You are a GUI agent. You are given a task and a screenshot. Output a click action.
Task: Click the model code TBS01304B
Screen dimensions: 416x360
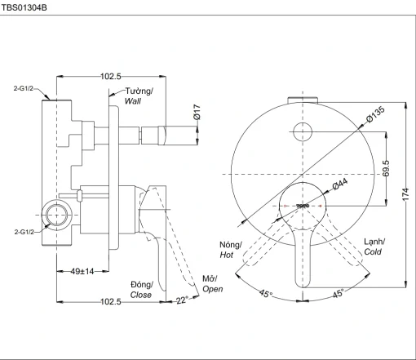(24, 7)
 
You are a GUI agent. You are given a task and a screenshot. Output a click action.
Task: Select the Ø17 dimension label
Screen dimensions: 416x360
(197, 112)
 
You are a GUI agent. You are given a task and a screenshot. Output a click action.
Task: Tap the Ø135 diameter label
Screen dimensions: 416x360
(375, 114)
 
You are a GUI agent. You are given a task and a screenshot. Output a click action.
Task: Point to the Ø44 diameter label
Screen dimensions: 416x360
(340, 184)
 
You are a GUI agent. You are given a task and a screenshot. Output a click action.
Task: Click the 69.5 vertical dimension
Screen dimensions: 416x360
(386, 168)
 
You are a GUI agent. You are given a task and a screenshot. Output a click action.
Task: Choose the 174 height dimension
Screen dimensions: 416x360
(405, 194)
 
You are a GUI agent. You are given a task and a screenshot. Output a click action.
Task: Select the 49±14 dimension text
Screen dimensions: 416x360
(82, 271)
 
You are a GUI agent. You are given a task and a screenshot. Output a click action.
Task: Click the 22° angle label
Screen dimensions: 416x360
(182, 300)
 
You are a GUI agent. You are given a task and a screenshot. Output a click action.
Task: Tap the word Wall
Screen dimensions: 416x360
(133, 101)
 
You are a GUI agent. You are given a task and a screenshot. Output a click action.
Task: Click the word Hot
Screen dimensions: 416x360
(227, 255)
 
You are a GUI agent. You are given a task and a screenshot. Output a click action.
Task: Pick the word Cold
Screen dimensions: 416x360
(373, 251)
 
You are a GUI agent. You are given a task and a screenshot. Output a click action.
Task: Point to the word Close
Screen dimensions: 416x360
(141, 295)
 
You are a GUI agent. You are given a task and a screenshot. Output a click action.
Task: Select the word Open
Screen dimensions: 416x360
(213, 289)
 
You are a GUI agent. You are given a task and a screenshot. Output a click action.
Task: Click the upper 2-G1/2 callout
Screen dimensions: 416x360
(24, 88)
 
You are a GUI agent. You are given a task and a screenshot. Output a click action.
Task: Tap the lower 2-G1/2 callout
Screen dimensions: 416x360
(24, 232)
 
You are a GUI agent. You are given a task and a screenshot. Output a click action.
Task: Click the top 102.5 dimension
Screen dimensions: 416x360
(111, 76)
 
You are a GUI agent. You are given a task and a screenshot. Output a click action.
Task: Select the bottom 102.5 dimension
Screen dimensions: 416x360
(111, 301)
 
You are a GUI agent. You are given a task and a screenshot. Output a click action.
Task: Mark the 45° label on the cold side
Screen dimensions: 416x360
(338, 293)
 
